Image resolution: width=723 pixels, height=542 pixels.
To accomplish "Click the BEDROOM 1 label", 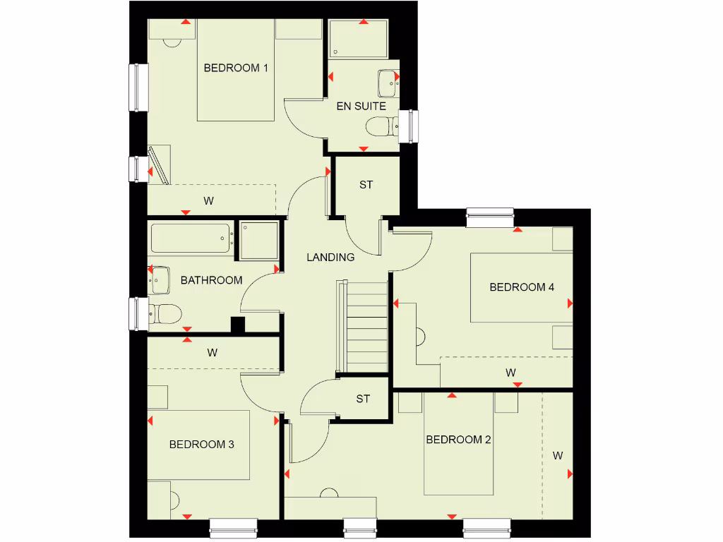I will [x=236, y=68].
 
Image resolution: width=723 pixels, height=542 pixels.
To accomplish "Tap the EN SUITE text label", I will [x=361, y=106].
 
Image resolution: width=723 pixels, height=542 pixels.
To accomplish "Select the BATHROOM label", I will [x=211, y=280].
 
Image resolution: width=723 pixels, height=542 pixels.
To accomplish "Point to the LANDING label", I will [x=330, y=258].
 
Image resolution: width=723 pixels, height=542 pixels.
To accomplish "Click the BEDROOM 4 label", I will [x=522, y=287].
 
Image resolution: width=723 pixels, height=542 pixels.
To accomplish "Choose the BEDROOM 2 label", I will [x=458, y=440].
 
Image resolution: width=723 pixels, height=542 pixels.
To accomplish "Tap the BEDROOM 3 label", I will [x=201, y=445].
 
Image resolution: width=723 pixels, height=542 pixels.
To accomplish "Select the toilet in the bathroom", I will [x=166, y=313].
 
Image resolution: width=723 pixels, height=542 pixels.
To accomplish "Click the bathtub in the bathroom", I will [x=191, y=239].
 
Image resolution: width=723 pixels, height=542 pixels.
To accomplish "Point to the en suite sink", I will [x=388, y=83].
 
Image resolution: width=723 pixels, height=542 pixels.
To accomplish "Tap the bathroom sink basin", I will [x=160, y=280].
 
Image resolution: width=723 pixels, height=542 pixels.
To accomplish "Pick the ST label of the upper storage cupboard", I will [x=366, y=185].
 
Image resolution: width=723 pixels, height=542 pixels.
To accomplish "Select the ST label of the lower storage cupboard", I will [x=363, y=399].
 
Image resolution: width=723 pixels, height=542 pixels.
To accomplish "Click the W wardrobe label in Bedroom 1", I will [x=209, y=201].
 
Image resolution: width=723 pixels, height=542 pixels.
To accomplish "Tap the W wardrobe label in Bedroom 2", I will [x=558, y=456].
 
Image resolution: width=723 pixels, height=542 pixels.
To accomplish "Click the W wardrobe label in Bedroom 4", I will [x=510, y=372].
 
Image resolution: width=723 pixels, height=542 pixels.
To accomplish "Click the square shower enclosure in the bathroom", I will [x=258, y=241].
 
